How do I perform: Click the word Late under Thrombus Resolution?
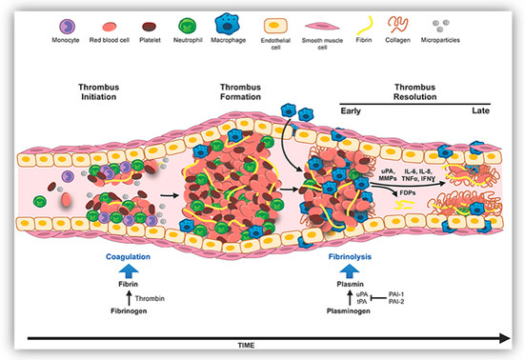pyautogui.click(x=474, y=110)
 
